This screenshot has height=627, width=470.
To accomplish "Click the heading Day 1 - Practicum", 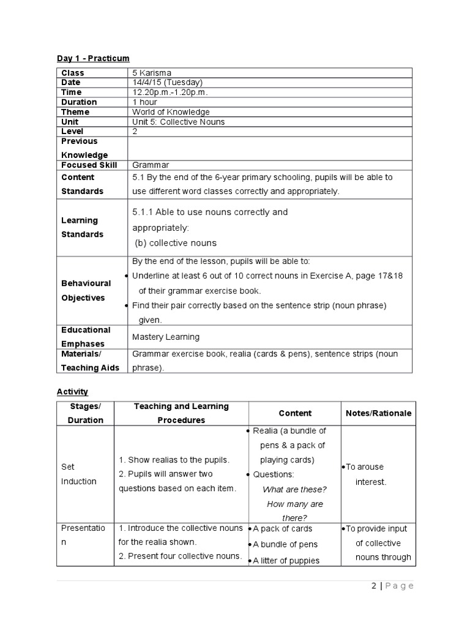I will [x=93, y=58].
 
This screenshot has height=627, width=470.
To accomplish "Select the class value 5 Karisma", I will [x=152, y=73].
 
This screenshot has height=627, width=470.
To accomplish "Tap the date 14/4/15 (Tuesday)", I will [x=167, y=83].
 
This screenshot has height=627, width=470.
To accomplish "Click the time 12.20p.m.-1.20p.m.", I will [x=170, y=92].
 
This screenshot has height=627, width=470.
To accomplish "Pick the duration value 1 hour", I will [x=144, y=102].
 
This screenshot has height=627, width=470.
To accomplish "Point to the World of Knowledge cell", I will [x=171, y=112].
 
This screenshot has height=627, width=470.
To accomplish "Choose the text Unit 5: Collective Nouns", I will [x=178, y=122].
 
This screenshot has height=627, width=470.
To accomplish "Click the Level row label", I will [x=72, y=132].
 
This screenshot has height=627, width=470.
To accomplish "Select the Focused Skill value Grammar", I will [x=151, y=165].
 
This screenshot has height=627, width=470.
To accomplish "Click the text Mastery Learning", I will [x=166, y=337].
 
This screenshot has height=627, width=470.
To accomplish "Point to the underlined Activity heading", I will [x=72, y=392].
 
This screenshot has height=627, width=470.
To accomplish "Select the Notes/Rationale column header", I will [x=378, y=413].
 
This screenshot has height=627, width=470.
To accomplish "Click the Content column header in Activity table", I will [x=295, y=413].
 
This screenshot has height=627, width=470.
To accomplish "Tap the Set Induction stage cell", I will [x=78, y=474].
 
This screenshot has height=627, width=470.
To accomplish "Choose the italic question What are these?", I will [x=294, y=489].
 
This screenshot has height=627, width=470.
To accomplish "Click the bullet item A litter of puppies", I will [x=286, y=560].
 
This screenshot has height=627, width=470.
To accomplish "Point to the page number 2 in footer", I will [x=374, y=586].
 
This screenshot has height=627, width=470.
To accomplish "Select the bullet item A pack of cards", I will [x=282, y=528].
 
